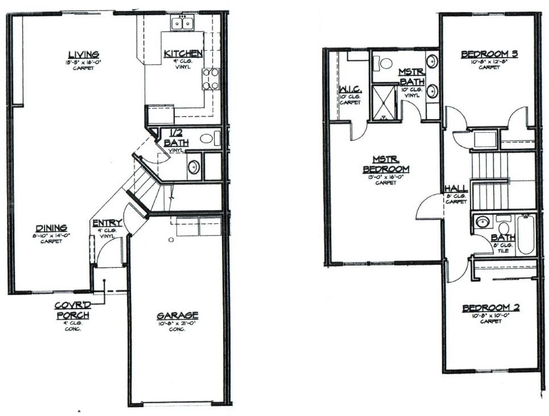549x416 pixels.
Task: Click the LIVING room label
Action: click(x=84, y=55)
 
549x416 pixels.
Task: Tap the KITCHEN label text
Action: click(x=183, y=54)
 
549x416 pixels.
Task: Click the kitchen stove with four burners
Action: click(x=211, y=79)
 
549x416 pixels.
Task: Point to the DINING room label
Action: click(x=51, y=228)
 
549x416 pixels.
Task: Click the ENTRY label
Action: click(x=107, y=223)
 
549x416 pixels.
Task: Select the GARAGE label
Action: click(x=177, y=316)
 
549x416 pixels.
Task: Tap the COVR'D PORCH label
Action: click(x=73, y=310)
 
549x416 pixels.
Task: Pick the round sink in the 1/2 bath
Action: click(x=193, y=167)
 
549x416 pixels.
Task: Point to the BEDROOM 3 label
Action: click(x=489, y=54)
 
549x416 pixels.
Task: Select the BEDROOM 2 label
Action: click(x=491, y=308)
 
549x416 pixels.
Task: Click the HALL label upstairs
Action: click(x=456, y=188)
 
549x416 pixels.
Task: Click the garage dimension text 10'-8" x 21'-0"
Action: click(x=177, y=324)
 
